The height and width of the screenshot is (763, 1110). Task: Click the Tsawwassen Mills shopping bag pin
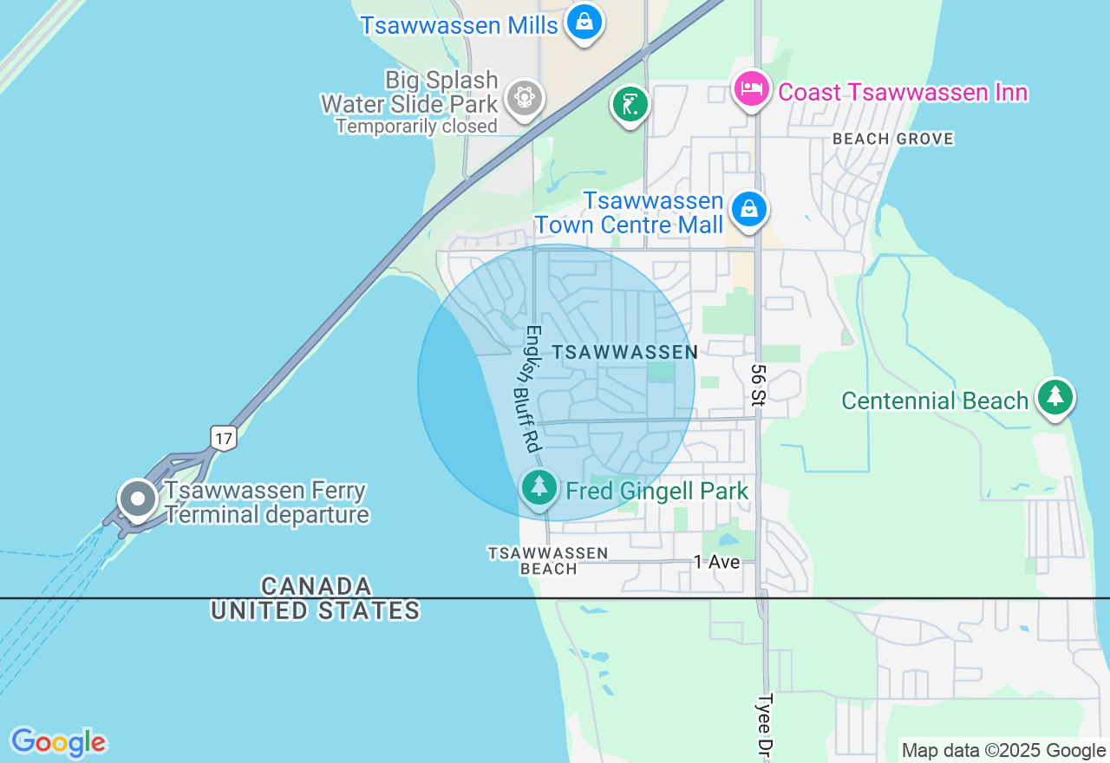tap(584, 23)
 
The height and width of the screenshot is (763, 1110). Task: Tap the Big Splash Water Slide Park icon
tap(525, 98)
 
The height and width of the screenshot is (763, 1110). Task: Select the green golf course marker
tap(630, 105)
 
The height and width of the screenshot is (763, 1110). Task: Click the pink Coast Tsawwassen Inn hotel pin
tap(752, 89)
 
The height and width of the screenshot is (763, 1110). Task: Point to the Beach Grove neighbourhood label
tap(892, 139)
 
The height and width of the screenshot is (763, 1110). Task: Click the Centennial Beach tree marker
tap(1055, 397)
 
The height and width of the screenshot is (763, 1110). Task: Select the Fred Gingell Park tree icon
tap(539, 486)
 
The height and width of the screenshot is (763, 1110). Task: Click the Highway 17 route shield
tap(224, 438)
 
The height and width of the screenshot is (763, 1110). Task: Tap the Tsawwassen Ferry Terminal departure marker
tap(137, 499)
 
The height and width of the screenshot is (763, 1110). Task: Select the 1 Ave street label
tap(716, 562)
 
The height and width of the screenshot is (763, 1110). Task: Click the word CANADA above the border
tap(317, 585)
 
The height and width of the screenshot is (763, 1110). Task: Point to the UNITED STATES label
tap(316, 610)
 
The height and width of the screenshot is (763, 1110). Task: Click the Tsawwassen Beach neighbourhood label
tap(548, 561)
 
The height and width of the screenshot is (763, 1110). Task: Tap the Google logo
tap(58, 742)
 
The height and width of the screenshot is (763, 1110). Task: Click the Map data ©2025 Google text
tap(1003, 751)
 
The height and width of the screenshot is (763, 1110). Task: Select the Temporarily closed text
tap(416, 127)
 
